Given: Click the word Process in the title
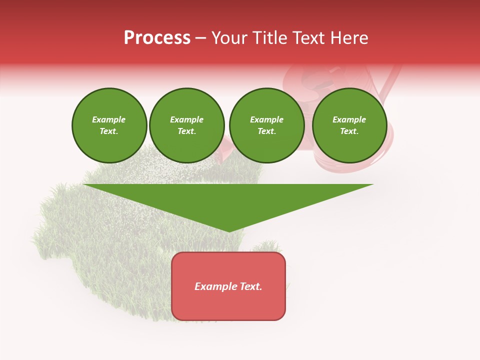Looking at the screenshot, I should [157, 38].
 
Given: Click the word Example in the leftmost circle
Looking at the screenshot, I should [109, 119].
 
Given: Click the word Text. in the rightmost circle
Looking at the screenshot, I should [349, 131].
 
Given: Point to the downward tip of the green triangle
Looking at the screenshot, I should [229, 230].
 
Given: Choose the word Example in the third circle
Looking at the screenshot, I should [266, 119].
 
